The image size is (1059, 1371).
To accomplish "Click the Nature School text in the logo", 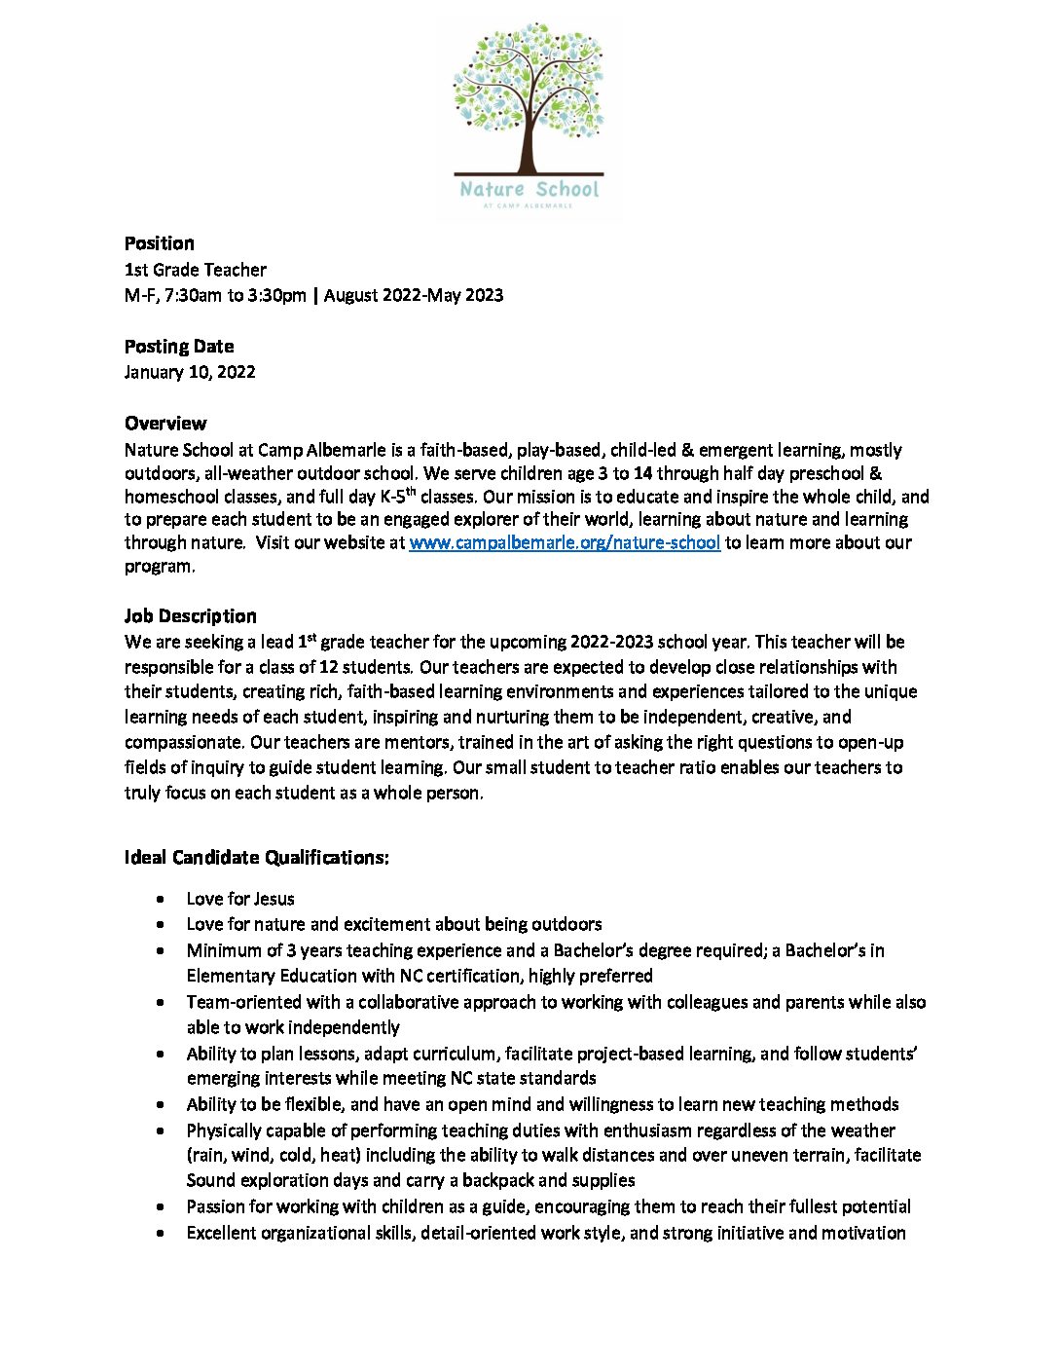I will (529, 189).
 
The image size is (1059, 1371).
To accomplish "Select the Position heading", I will (160, 243).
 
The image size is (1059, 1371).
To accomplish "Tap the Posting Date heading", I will (179, 347).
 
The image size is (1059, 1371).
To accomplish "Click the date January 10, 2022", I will (190, 372).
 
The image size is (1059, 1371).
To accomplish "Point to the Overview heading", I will (165, 424).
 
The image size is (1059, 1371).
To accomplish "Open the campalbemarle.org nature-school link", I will (565, 543).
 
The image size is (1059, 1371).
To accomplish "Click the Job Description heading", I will (191, 616).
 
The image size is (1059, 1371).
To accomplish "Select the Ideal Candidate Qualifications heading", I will (257, 858).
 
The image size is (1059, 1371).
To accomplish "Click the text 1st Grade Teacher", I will (196, 270).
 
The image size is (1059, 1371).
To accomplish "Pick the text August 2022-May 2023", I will (414, 295).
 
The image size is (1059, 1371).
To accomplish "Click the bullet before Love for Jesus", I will (160, 900).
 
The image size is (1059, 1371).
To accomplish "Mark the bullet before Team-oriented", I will (160, 1003).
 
